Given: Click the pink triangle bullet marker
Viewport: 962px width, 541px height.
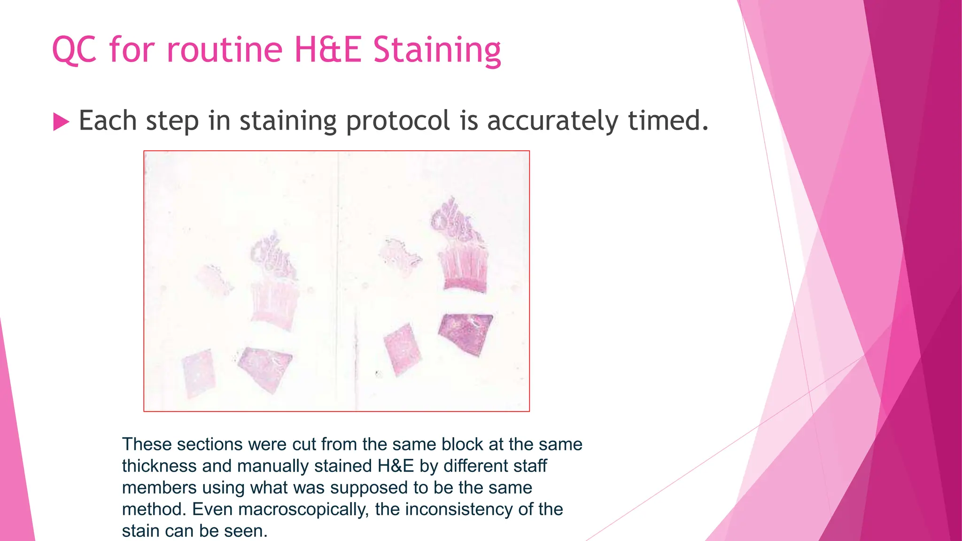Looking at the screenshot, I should click(x=61, y=122).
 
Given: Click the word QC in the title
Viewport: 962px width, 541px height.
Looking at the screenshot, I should click(x=74, y=50).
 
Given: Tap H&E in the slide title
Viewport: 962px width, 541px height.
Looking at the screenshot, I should click(x=328, y=50).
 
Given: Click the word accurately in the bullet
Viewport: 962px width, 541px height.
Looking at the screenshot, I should click(x=552, y=121).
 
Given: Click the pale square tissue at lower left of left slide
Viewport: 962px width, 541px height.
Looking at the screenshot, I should click(x=199, y=374).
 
